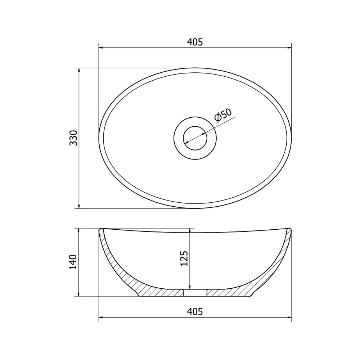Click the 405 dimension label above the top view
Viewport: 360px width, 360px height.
coord(195,42)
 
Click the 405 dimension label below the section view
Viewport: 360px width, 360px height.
coord(195,311)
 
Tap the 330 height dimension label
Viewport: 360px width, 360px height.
coord(74,138)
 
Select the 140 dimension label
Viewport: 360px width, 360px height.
coord(73,262)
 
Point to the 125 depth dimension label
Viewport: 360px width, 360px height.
coord(184,258)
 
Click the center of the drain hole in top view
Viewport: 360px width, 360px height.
coord(195,138)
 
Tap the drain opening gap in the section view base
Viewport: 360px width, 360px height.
coord(195,292)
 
